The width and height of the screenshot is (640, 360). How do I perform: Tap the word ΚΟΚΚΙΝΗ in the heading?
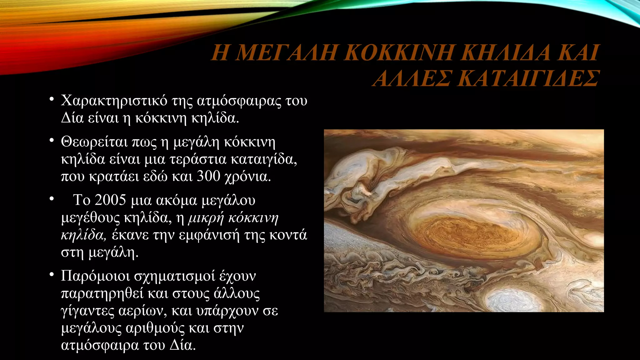399,52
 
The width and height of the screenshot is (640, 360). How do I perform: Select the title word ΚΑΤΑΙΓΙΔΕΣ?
530,78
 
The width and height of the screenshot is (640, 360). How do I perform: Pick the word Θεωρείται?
94,142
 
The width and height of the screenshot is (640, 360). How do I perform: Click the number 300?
209,176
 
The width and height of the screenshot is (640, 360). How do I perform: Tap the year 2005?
110,200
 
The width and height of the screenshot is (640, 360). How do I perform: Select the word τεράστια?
198,159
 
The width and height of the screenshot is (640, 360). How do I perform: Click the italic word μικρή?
206,218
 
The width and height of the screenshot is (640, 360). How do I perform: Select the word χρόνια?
248,177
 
